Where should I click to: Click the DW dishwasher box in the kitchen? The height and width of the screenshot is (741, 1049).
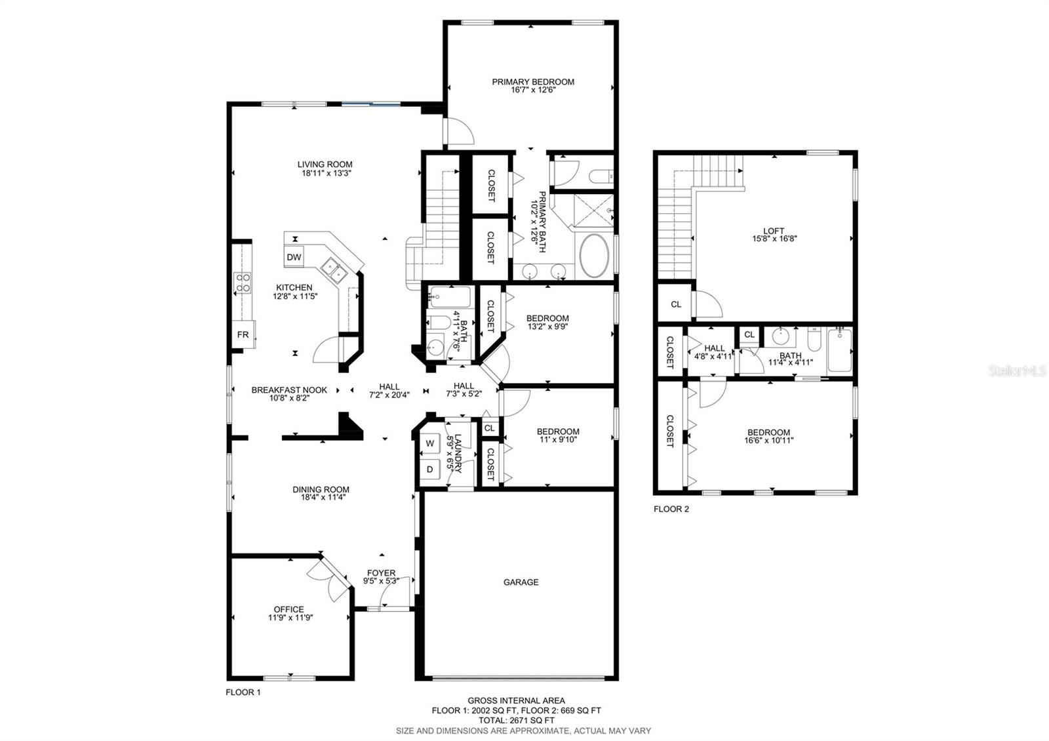pyautogui.click(x=294, y=257)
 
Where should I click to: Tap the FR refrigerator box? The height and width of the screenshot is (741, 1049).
pyautogui.click(x=243, y=334)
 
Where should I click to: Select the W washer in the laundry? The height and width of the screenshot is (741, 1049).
pyautogui.click(x=430, y=443)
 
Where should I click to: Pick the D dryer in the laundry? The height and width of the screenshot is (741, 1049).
pyautogui.click(x=430, y=470)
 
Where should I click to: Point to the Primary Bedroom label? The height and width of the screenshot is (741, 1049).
pyautogui.click(x=533, y=82)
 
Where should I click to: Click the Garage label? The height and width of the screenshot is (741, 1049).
pyautogui.click(x=521, y=582)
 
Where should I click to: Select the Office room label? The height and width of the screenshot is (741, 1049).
pyautogui.click(x=289, y=609)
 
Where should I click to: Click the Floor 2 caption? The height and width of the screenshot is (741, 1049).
pyautogui.click(x=671, y=509)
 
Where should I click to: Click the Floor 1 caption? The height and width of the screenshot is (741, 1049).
pyautogui.click(x=243, y=692)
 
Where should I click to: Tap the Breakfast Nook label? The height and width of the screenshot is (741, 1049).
pyautogui.click(x=289, y=390)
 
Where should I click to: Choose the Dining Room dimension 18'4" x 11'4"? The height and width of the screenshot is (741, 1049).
pyautogui.click(x=321, y=498)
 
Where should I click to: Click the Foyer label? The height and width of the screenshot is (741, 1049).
pyautogui.click(x=381, y=572)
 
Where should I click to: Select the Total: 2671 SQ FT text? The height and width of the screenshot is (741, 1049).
pyautogui.click(x=516, y=720)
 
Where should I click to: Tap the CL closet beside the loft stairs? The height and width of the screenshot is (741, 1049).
pyautogui.click(x=675, y=304)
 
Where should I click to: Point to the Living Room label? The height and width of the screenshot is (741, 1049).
pyautogui.click(x=325, y=165)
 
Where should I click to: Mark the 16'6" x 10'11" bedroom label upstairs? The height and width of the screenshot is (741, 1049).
pyautogui.click(x=768, y=441)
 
